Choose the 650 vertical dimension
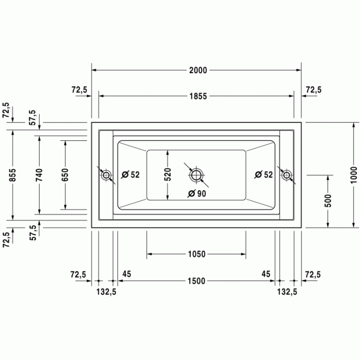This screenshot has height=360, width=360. click(65, 175)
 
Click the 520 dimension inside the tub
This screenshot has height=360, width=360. click(168, 175)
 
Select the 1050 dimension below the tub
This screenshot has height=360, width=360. click(196, 254)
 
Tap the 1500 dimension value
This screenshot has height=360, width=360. click(196, 281)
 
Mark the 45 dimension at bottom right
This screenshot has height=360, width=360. click(266, 274)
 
